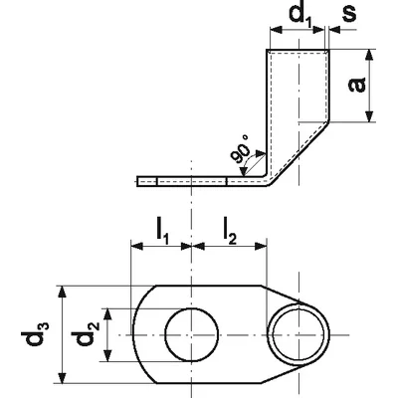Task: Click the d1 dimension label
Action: (x=300, y=16)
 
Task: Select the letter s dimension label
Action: (x=348, y=14)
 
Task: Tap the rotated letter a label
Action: (x=357, y=85)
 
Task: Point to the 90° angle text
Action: (x=241, y=149)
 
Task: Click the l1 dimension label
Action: (x=163, y=231)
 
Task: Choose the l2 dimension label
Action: (x=230, y=231)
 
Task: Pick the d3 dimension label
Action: (x=36, y=333)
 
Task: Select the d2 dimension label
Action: (x=85, y=333)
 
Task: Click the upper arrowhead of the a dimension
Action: (x=369, y=56)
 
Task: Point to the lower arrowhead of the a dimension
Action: (x=369, y=116)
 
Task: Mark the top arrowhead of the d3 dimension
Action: (x=62, y=292)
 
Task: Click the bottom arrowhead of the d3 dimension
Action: (x=62, y=378)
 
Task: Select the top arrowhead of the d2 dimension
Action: (x=106, y=314)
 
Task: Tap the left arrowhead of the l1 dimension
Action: (x=137, y=246)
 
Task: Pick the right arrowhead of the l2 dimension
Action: (x=261, y=246)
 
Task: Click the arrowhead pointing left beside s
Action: (x=335, y=30)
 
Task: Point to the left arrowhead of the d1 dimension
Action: (x=277, y=30)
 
